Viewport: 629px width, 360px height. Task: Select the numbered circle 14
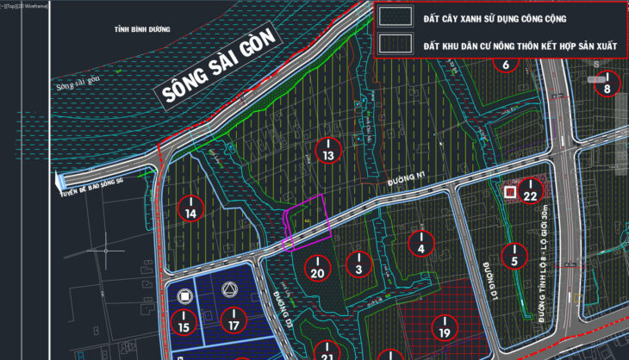[x=191, y=207]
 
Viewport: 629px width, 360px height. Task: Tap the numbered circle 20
[x=317, y=268]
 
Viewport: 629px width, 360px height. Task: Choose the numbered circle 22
[x=531, y=192]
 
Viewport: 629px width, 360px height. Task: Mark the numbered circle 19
[x=445, y=327]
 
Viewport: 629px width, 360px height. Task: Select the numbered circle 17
[x=233, y=320]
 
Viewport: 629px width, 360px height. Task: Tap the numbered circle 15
[x=183, y=322]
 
